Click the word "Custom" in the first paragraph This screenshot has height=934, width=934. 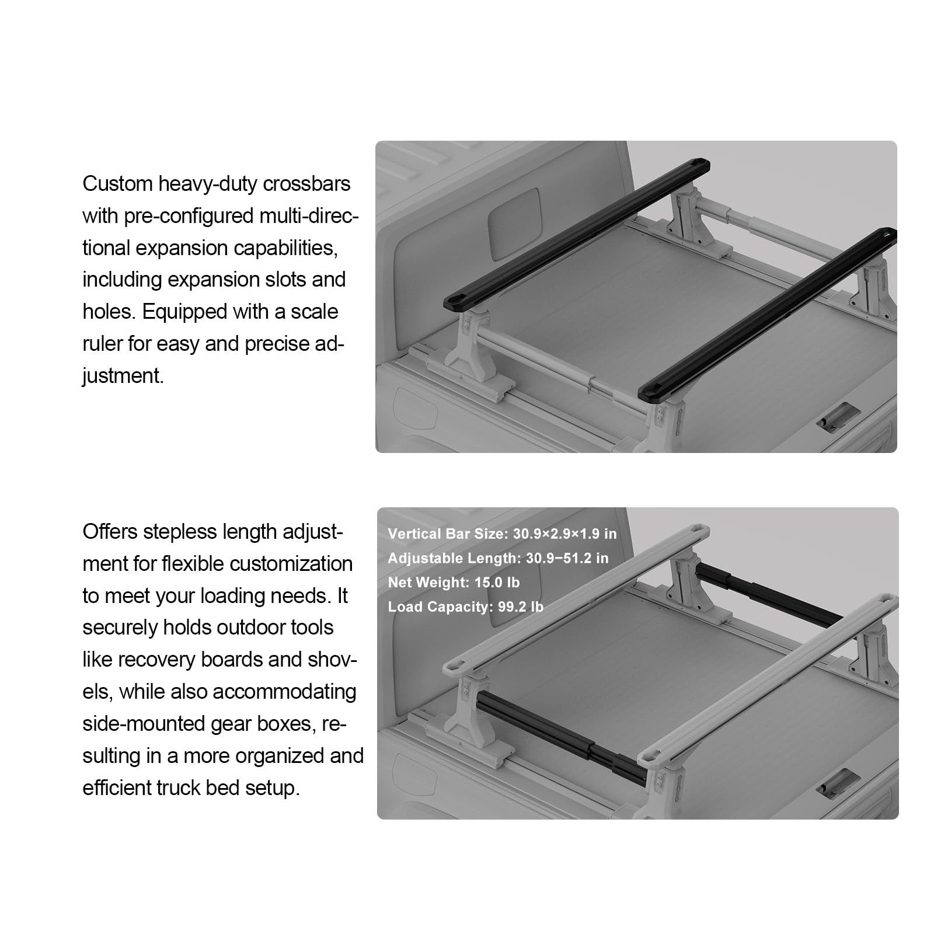click(x=117, y=184)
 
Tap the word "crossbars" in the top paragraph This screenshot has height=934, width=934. click(x=306, y=184)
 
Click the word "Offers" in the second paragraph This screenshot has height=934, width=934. click(x=110, y=532)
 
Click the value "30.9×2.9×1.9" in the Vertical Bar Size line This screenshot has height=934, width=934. click(x=556, y=534)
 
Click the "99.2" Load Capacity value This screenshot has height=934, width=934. click(x=511, y=607)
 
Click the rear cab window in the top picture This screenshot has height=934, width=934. click(x=514, y=224)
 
